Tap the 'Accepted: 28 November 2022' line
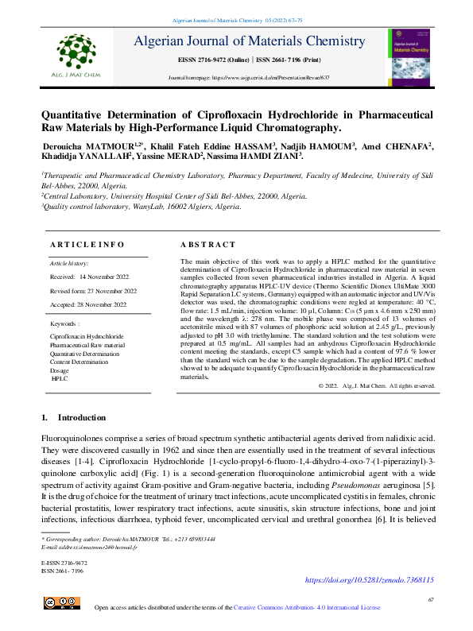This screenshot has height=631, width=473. [87, 305]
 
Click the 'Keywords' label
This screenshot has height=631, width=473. [64, 324]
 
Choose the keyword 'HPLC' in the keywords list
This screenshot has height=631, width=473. [60, 379]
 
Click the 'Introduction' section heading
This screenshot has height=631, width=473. [82, 417]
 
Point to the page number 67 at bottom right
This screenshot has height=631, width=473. [430, 599]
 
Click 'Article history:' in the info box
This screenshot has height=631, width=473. [70, 262]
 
